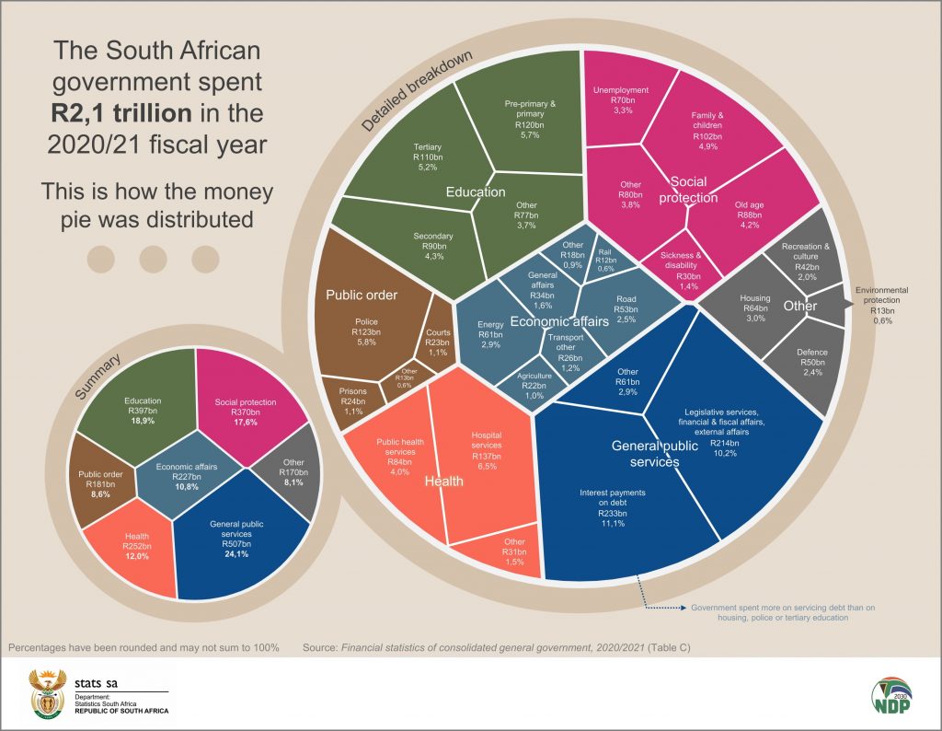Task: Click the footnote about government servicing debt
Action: tap(769, 613)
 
